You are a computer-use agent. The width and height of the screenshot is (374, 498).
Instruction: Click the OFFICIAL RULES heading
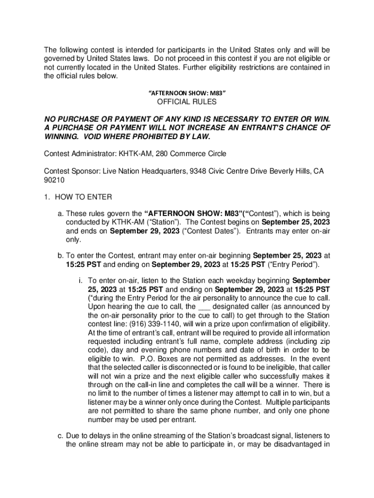click(187, 102)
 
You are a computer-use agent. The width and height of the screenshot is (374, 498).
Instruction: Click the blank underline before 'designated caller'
click(204, 307)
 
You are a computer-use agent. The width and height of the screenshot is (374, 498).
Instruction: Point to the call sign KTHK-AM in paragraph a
click(129, 222)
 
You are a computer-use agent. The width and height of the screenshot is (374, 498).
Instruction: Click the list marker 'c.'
click(60, 435)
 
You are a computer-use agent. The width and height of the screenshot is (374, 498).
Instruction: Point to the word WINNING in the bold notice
click(60, 137)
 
